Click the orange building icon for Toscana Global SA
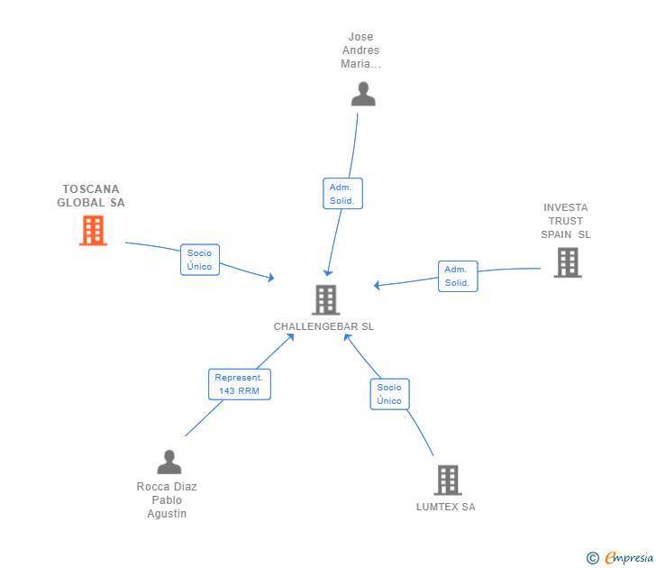[93, 230]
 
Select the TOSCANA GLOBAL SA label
[91, 196]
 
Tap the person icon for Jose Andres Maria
[363, 94]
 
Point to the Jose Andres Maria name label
[360, 50]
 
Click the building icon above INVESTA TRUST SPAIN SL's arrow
[568, 262]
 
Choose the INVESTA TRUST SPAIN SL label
[566, 221]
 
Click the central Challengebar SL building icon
[326, 299]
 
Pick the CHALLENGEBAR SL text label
[323, 326]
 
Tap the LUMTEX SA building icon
[448, 480]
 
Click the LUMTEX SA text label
[445, 507]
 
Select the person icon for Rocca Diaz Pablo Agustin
[169, 463]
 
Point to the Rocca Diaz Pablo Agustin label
[167, 500]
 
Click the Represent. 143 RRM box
[240, 384]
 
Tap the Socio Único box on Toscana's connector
[200, 260]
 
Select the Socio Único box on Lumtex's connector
[389, 394]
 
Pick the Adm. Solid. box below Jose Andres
[342, 193]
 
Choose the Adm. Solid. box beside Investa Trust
[458, 276]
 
